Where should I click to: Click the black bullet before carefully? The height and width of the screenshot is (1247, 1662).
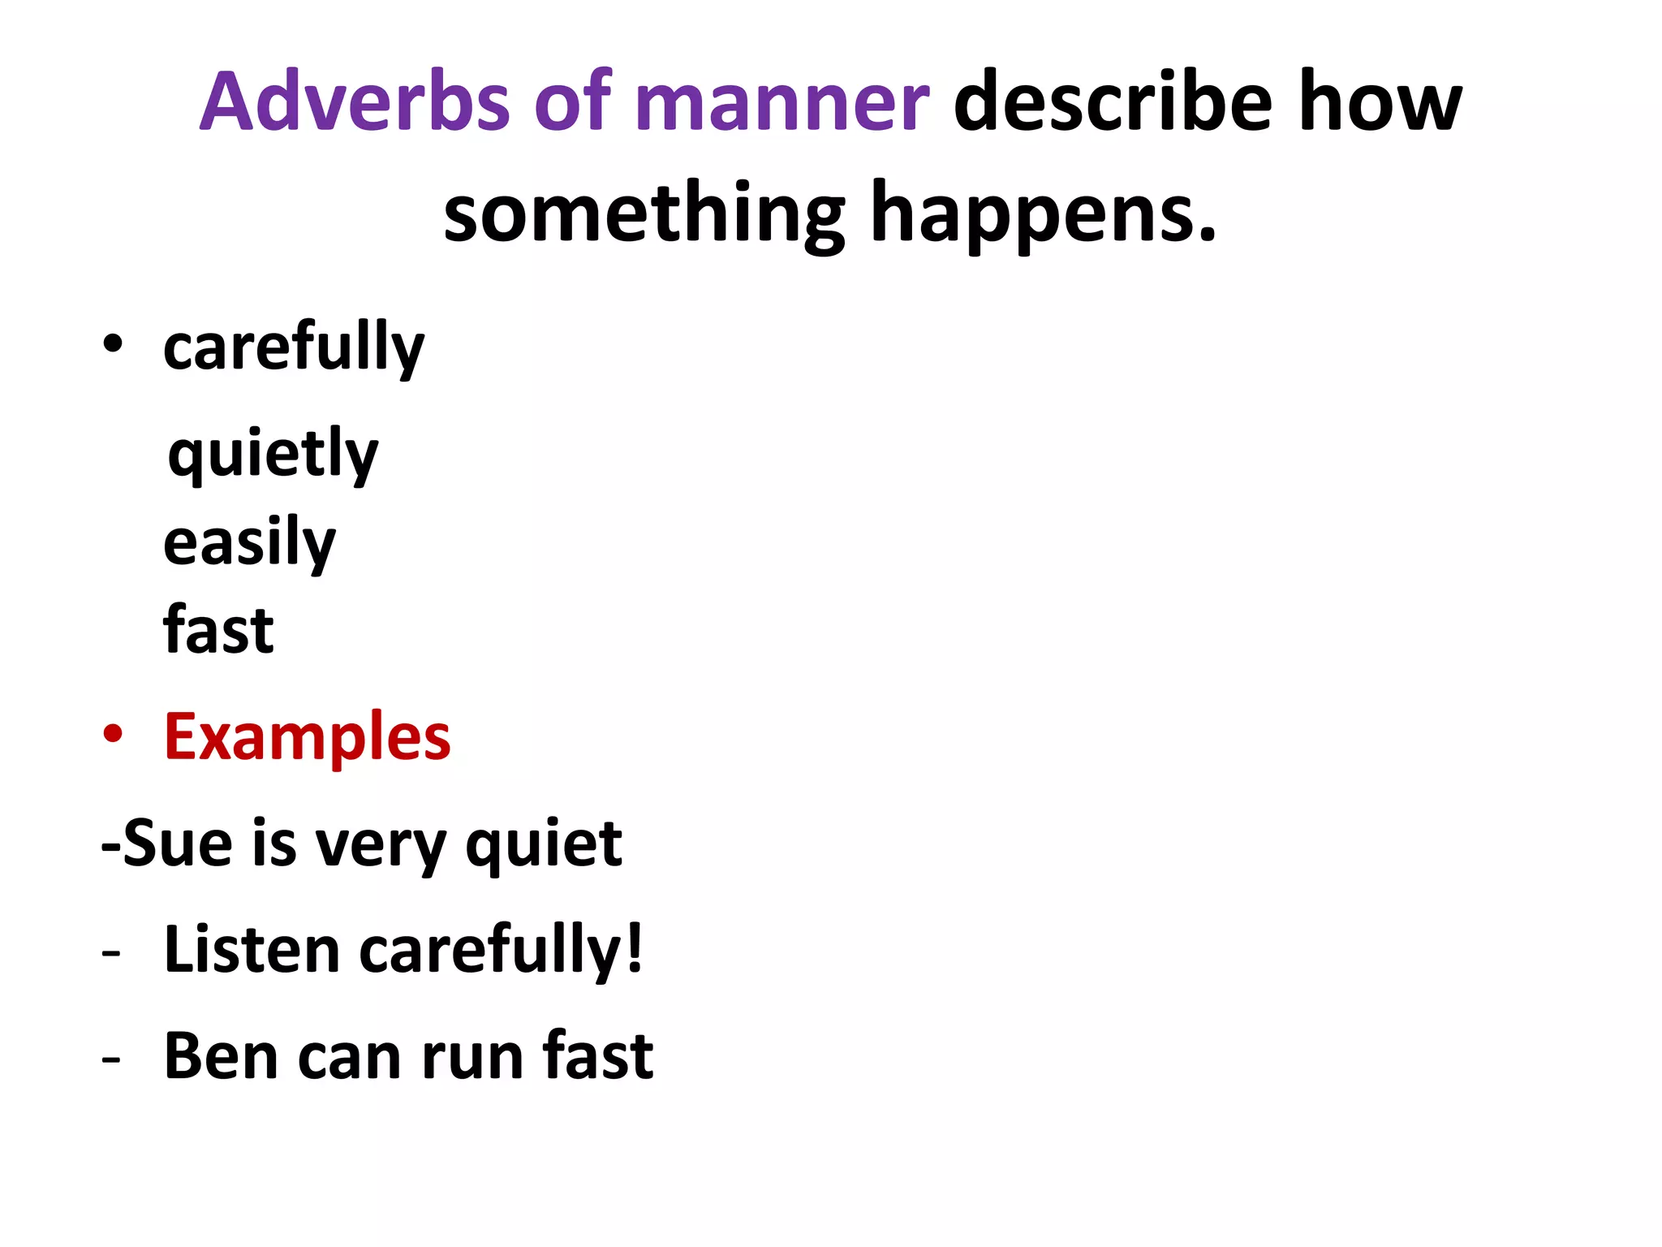[x=113, y=343]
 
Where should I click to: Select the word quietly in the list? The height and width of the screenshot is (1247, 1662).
[x=273, y=455]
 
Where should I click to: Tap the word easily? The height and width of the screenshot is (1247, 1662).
[x=249, y=543]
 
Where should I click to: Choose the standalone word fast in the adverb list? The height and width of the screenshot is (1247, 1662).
[x=218, y=630]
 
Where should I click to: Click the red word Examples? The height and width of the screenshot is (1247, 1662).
[x=307, y=737]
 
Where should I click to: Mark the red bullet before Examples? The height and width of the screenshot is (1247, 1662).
[x=113, y=734]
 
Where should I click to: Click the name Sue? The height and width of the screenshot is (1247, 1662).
[x=178, y=844]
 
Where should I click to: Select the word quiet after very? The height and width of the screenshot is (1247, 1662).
[x=544, y=845]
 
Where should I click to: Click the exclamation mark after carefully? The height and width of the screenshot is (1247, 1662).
[x=635, y=947]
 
